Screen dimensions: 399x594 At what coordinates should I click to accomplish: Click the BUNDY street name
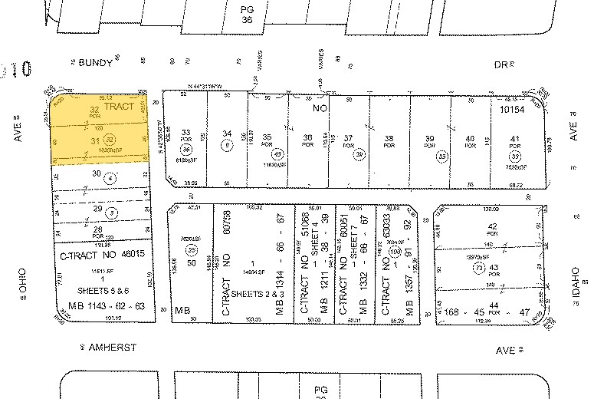(95, 65)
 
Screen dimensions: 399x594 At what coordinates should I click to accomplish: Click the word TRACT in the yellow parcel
(119, 107)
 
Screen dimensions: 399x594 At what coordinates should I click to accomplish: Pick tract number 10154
(515, 110)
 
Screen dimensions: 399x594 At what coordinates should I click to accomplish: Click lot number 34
(227, 134)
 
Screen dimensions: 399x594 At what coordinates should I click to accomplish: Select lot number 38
(389, 138)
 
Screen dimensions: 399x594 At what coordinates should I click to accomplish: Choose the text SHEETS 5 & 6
(102, 292)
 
